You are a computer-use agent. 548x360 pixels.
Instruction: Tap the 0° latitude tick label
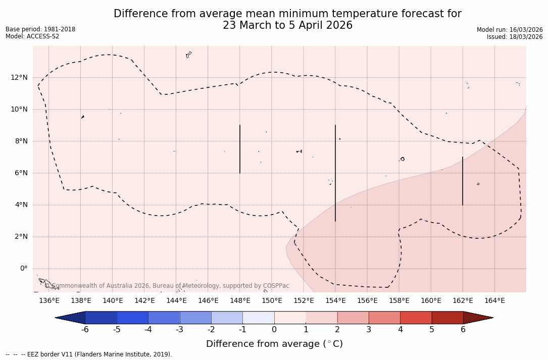pos(24,269)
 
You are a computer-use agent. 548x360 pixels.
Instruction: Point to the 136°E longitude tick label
pos(49,301)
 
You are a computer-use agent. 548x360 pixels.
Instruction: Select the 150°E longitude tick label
pos(272,301)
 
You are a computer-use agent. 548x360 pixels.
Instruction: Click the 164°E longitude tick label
pos(494,301)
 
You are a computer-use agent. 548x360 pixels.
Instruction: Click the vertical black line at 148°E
pos(240,149)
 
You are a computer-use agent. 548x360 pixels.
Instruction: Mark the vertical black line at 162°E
pos(463,181)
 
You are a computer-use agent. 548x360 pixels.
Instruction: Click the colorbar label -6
pos(85,330)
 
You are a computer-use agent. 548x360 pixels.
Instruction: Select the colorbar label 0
pos(274,330)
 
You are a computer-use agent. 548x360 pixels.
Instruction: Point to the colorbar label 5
pos(432,330)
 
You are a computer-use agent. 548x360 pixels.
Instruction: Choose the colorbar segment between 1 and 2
pos(322,318)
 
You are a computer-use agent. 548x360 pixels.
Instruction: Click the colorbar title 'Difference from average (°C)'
pos(274,344)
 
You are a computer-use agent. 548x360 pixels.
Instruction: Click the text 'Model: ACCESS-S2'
pos(32,36)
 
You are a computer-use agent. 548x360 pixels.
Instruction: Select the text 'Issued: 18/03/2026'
pos(515,37)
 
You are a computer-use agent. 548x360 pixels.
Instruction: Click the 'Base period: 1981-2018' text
pos(40,29)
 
